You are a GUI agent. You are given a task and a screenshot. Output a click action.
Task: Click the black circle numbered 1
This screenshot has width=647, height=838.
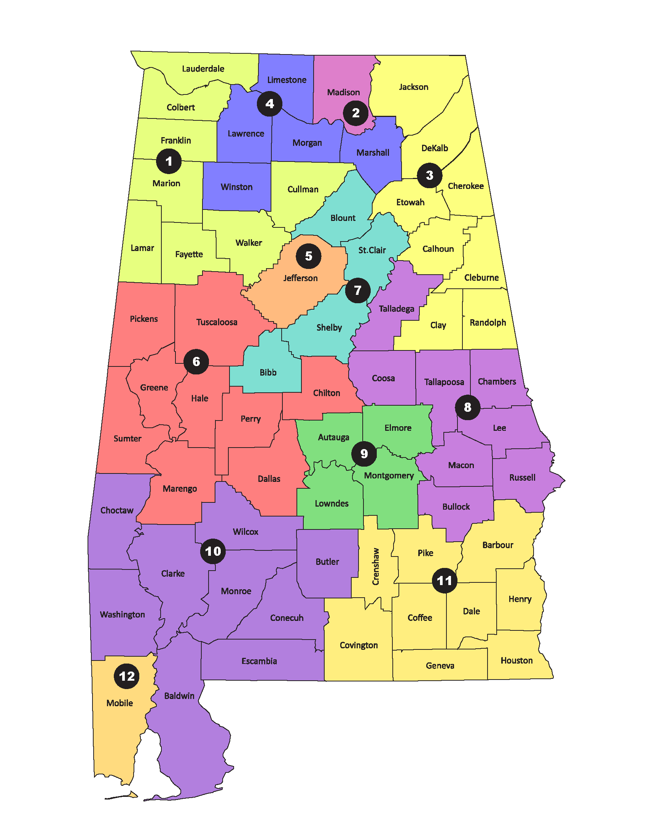[169, 161]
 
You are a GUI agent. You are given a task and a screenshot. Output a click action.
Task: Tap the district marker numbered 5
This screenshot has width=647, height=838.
[309, 256]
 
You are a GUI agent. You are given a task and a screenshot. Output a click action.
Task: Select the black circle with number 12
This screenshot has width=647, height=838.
[126, 676]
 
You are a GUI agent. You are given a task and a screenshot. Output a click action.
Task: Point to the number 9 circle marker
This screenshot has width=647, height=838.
[364, 454]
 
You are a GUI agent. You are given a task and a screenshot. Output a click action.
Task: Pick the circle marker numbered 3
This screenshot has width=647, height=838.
[429, 175]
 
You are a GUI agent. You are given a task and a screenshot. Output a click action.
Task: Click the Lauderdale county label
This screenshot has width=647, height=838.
[203, 69]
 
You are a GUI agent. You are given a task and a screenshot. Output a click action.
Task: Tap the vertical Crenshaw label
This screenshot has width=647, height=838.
[376, 566]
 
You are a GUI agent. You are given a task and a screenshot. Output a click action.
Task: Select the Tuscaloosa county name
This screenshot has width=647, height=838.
[217, 322]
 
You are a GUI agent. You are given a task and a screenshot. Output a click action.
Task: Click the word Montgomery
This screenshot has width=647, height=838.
[389, 475]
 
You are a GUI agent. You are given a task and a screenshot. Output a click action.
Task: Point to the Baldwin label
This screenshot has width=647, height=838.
[179, 696]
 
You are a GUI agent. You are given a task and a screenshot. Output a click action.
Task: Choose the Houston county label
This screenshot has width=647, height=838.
[516, 660]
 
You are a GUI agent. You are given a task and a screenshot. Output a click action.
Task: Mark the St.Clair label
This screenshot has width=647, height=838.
[372, 250]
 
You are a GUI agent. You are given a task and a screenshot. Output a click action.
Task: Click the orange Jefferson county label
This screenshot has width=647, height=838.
[300, 278]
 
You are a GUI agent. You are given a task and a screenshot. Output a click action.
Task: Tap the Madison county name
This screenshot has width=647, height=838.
[343, 92]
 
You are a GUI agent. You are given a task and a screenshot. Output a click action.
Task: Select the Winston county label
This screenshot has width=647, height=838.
[236, 187]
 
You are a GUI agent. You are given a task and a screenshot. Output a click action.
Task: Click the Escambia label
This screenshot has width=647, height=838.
[259, 661]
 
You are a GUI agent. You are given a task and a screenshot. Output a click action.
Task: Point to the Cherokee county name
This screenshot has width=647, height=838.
[465, 186]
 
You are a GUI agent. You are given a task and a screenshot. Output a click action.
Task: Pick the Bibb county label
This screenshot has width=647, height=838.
[268, 372]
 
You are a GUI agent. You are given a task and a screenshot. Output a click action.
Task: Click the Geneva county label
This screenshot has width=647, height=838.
[440, 665]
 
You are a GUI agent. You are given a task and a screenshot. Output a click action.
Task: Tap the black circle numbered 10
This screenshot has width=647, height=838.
[213, 552]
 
